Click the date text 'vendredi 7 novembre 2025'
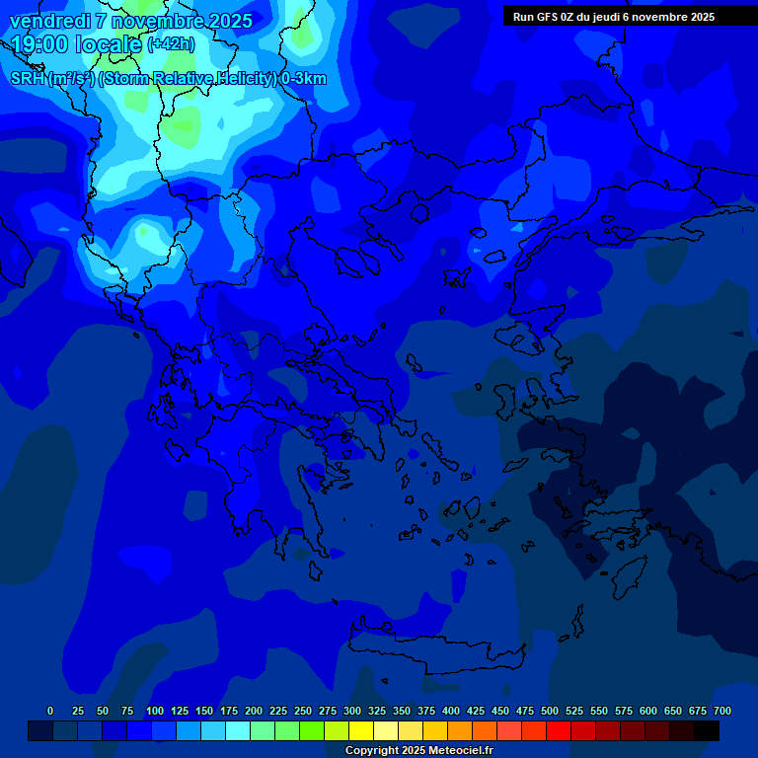tap(130, 21)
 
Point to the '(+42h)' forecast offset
tap(170, 44)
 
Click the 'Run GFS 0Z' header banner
tap(613, 17)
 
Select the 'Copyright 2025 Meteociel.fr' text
tap(418, 751)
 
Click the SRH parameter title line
tap(168, 79)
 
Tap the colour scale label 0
tap(50, 711)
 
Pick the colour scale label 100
tap(155, 711)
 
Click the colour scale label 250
tap(303, 711)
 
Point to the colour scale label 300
tap(352, 711)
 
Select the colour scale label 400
tap(451, 711)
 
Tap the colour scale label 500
tap(550, 711)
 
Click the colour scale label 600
tap(648, 711)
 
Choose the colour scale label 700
tap(722, 711)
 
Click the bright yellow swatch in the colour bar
tap(361, 731)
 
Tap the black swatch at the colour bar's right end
tap(707, 731)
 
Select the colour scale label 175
tap(229, 711)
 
